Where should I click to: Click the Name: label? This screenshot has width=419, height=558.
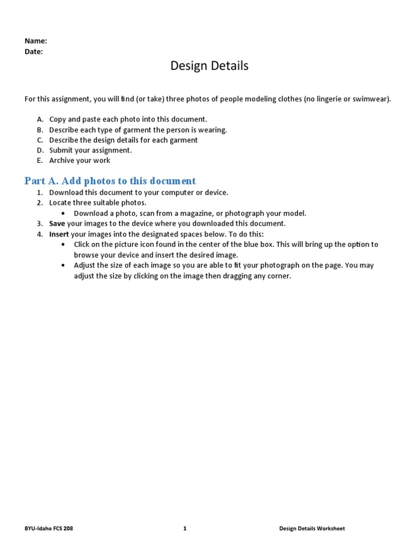click(35, 41)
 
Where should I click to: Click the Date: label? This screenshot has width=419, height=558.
click(34, 52)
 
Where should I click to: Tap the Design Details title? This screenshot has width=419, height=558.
click(209, 66)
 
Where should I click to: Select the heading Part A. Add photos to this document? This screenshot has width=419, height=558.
click(110, 181)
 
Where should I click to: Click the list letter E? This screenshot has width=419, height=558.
click(40, 161)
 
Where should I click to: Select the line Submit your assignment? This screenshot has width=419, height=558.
click(90, 150)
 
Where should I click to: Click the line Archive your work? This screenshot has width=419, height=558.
click(80, 161)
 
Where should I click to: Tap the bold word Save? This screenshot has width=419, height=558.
click(57, 223)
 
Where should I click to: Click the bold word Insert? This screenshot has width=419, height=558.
click(59, 234)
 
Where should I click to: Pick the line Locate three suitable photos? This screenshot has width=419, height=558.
click(98, 203)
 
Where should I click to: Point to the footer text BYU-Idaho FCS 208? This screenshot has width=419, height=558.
click(49, 529)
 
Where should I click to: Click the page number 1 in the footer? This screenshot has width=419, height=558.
click(185, 529)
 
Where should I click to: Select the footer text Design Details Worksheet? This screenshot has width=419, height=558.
click(312, 529)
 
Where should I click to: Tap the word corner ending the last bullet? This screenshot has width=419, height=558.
click(278, 276)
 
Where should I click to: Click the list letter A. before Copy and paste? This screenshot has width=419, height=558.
click(40, 119)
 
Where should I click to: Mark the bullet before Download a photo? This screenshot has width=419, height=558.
click(63, 213)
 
